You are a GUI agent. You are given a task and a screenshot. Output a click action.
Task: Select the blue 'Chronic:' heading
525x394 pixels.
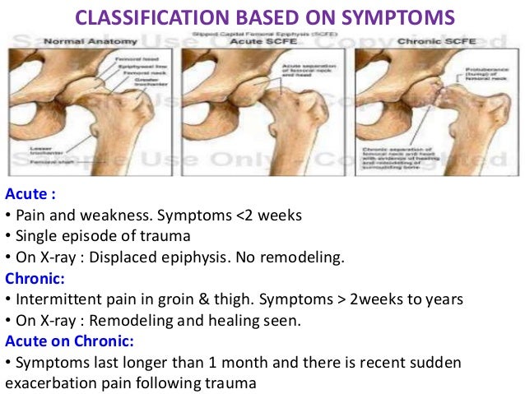pyautogui.click(x=34, y=276)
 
